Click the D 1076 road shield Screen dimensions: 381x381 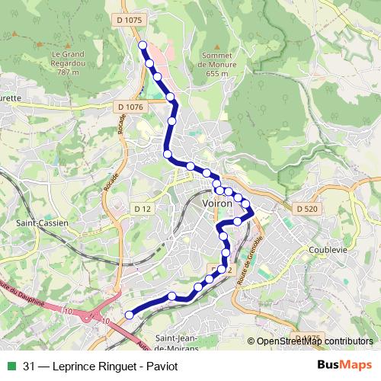coord(131,107)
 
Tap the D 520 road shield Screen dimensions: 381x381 coord(306,208)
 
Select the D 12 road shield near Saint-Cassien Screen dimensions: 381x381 coord(142,208)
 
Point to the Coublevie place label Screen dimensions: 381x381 coord(329,249)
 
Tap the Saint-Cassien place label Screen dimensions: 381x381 coord(42,223)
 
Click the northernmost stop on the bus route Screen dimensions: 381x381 coord(142,45)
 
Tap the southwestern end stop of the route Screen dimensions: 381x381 coord(129,314)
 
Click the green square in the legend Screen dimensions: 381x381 coord(11,367)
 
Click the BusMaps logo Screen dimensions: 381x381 coord(344,366)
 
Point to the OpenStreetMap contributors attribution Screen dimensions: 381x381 coord(314,342)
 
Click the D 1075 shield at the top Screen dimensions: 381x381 coord(131,18)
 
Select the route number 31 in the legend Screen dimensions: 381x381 coord(30,367)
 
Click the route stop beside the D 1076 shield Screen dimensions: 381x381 coord(171,98)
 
